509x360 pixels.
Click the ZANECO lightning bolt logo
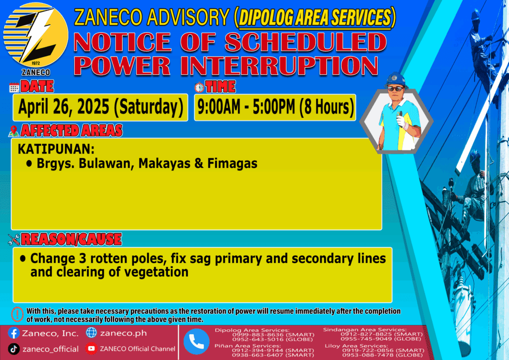[36, 35]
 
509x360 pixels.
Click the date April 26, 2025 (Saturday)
[100, 107]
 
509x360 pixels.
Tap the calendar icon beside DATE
[14, 88]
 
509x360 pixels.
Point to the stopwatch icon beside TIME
[199, 88]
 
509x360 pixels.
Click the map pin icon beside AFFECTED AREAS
[13, 131]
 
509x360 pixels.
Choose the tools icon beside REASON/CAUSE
[14, 240]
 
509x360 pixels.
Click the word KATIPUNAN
[56, 149]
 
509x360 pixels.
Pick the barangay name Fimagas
[232, 163]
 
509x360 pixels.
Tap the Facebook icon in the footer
[13, 333]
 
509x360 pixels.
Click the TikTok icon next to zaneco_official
[13, 349]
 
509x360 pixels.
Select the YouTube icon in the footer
[91, 349]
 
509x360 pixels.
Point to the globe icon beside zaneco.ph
[91, 333]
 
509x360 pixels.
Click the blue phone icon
[196, 342]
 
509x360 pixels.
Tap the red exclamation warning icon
[17, 314]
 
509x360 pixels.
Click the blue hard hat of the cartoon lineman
[395, 80]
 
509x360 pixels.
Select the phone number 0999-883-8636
[258, 335]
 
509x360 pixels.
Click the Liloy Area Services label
[356, 346]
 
